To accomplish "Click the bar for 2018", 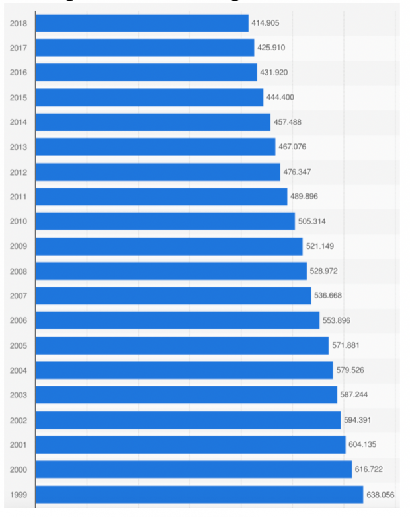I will pyautogui.click(x=142, y=23).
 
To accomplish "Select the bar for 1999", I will pyautogui.click(x=199, y=494).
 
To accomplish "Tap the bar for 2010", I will pyautogui.click(x=165, y=221).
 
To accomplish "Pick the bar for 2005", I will pyautogui.click(x=182, y=345).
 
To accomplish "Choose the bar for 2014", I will pyautogui.click(x=153, y=122).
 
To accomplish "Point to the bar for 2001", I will pyautogui.click(x=190, y=444).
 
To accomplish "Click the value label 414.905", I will pyautogui.click(x=265, y=23).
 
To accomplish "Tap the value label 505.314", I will pyautogui.click(x=311, y=221).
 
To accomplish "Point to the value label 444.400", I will pyautogui.click(x=280, y=98).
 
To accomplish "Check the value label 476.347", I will pyautogui.click(x=297, y=172).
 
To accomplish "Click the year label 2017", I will pyautogui.click(x=18, y=48).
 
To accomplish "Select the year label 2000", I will pyautogui.click(x=18, y=469).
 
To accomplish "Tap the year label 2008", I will pyautogui.click(x=18, y=271).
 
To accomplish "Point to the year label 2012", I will pyautogui.click(x=18, y=172).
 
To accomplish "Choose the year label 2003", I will pyautogui.click(x=18, y=395).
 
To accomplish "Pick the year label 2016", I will pyautogui.click(x=18, y=73).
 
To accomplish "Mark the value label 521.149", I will pyautogui.click(x=319, y=246).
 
